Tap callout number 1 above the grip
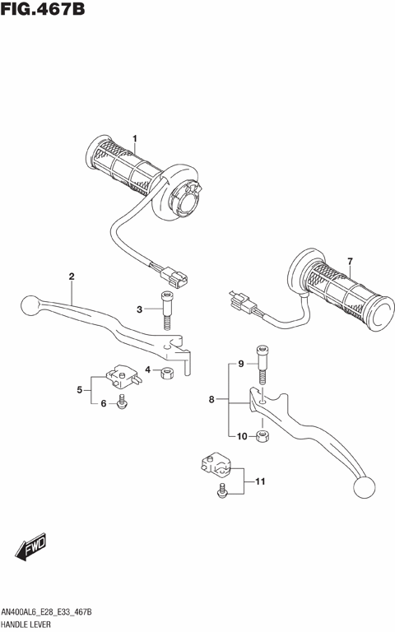point(136,137)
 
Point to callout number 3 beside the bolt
point(141,309)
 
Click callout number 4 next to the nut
point(149,370)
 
